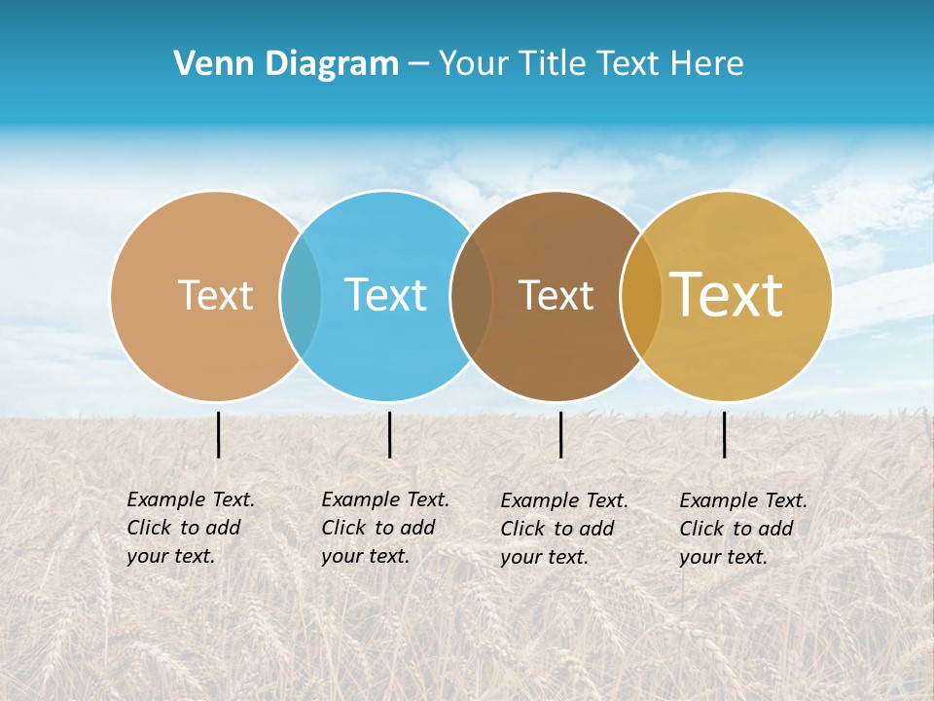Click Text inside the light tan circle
click(215, 295)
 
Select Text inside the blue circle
click(385, 295)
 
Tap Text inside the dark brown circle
click(556, 295)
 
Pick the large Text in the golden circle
click(726, 295)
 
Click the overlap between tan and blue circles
click(301, 296)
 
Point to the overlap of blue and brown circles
click(471, 296)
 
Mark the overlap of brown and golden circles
click(640, 296)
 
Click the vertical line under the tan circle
click(218, 434)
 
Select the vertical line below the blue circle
click(389, 434)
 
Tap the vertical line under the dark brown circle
click(560, 434)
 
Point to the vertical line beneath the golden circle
click(724, 434)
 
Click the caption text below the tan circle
click(190, 528)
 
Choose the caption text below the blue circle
click(384, 528)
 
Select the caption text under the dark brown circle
click(563, 529)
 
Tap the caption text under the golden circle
click(742, 529)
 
